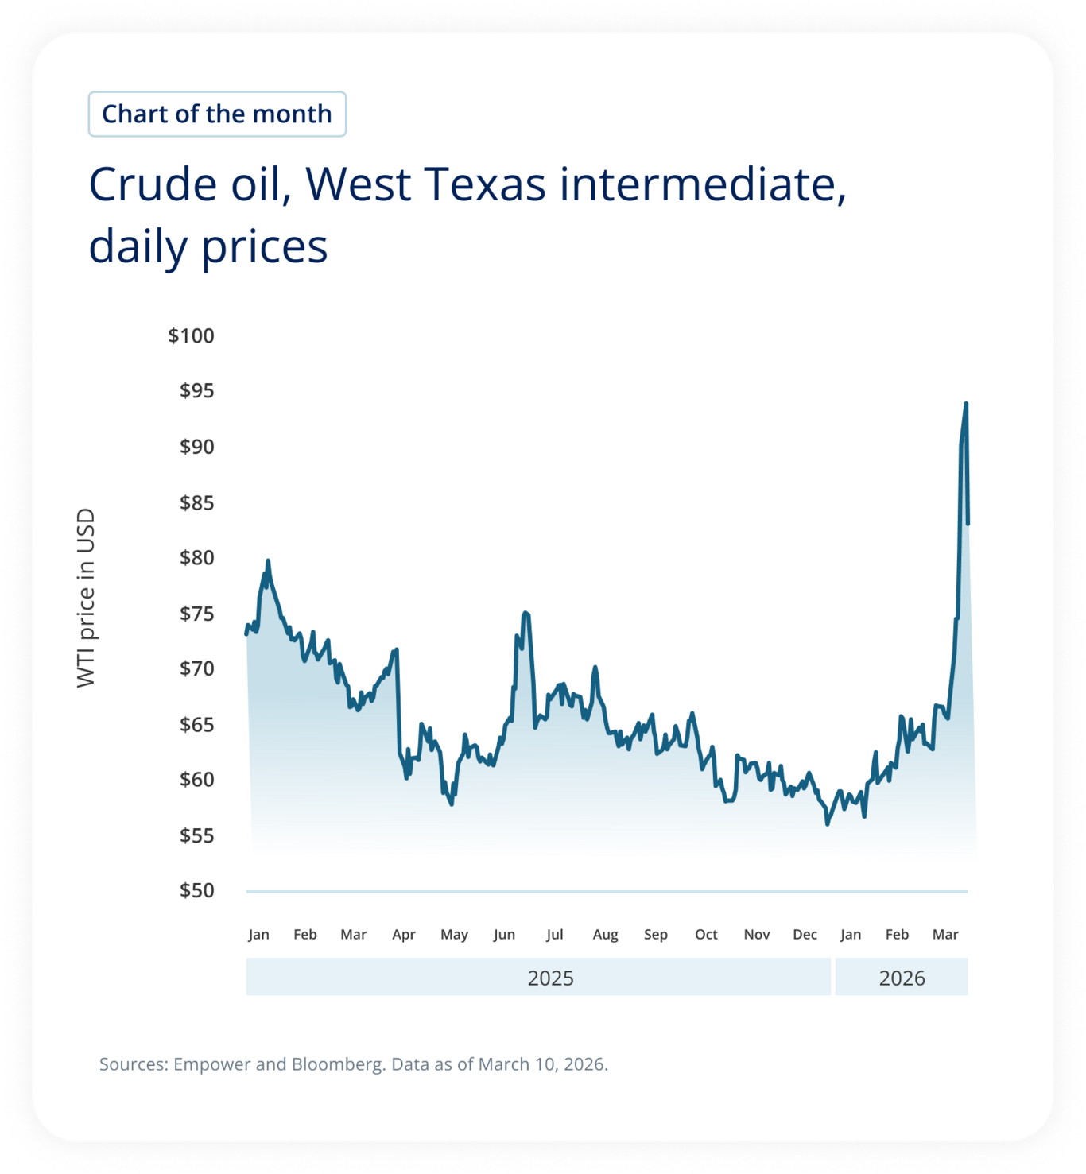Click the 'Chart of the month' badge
[x=217, y=114]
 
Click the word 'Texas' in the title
[x=485, y=184]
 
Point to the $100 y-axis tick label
[x=191, y=335]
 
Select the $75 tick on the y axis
[x=196, y=614]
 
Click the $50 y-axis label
[x=196, y=890]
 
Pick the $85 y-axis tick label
[x=196, y=502]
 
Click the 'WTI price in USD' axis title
[x=86, y=598]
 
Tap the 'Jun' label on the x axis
[x=504, y=934]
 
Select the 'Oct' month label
[x=706, y=934]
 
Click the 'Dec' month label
[x=805, y=934]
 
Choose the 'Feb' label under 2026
[x=897, y=934]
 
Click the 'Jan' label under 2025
[x=258, y=934]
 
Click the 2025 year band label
[x=550, y=978]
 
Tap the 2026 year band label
[x=902, y=978]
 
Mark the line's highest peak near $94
[x=966, y=404]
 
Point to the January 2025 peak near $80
[x=268, y=561]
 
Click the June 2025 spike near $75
[x=525, y=613]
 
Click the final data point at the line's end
[x=968, y=523]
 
